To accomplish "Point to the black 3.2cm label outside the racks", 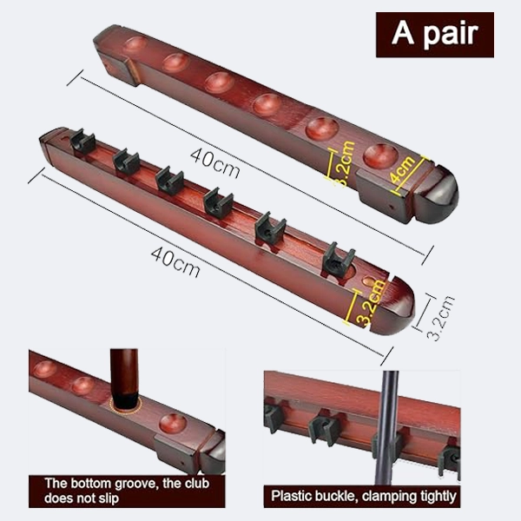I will pos(443,319).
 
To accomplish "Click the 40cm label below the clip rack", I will pos(175,261).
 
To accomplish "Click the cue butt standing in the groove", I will pos(124,375).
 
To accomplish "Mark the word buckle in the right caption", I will pos(344,496).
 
